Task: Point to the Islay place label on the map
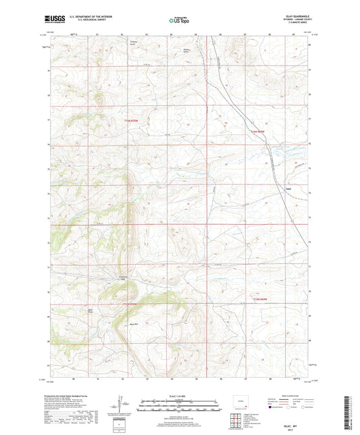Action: tap(289, 188)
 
